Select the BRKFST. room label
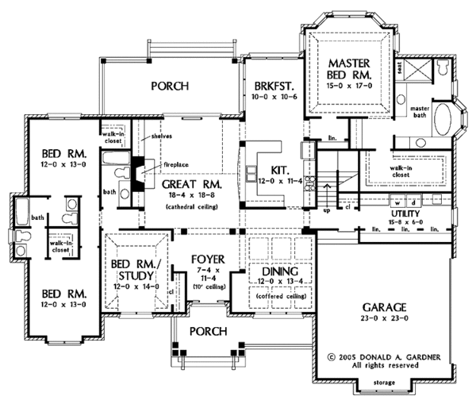[x=269, y=87]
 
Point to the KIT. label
[x=278, y=170]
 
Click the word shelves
[x=162, y=135]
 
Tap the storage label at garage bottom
[x=388, y=385]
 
